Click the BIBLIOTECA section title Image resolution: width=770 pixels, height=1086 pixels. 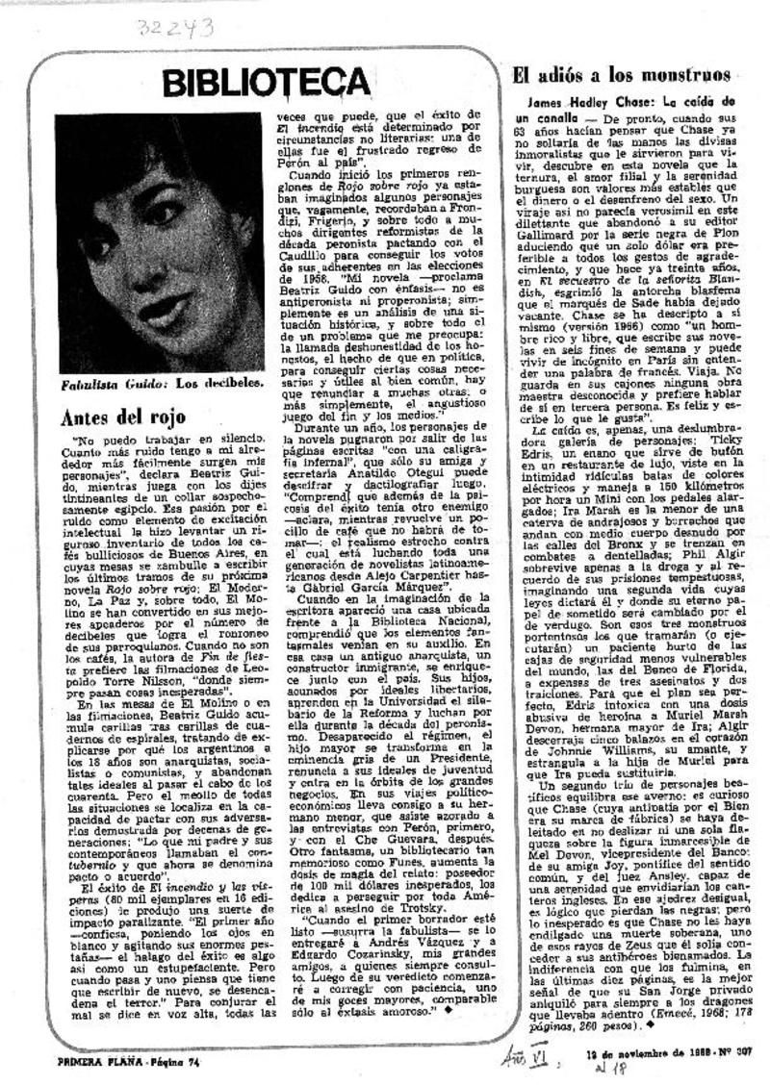click(x=253, y=84)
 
